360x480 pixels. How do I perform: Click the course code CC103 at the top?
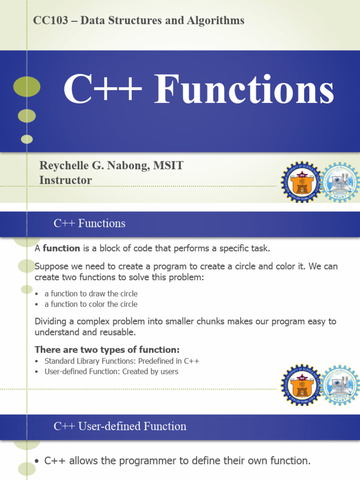click(47, 21)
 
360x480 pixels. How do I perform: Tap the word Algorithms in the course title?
click(220, 21)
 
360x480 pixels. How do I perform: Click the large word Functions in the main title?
click(244, 90)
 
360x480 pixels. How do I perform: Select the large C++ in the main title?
click(102, 90)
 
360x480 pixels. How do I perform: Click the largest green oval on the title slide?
click(27, 87)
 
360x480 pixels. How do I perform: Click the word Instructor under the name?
click(66, 180)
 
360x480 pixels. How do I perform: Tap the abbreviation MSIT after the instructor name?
click(171, 165)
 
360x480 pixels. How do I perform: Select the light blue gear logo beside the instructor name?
click(341, 182)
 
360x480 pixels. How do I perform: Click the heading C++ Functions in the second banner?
click(90, 224)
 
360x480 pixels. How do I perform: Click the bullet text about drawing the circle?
click(91, 294)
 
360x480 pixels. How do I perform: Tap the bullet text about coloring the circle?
click(91, 304)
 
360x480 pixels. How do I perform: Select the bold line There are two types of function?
click(107, 350)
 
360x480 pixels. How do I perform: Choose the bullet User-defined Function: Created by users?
click(111, 372)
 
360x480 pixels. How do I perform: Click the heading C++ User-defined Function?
click(120, 427)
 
